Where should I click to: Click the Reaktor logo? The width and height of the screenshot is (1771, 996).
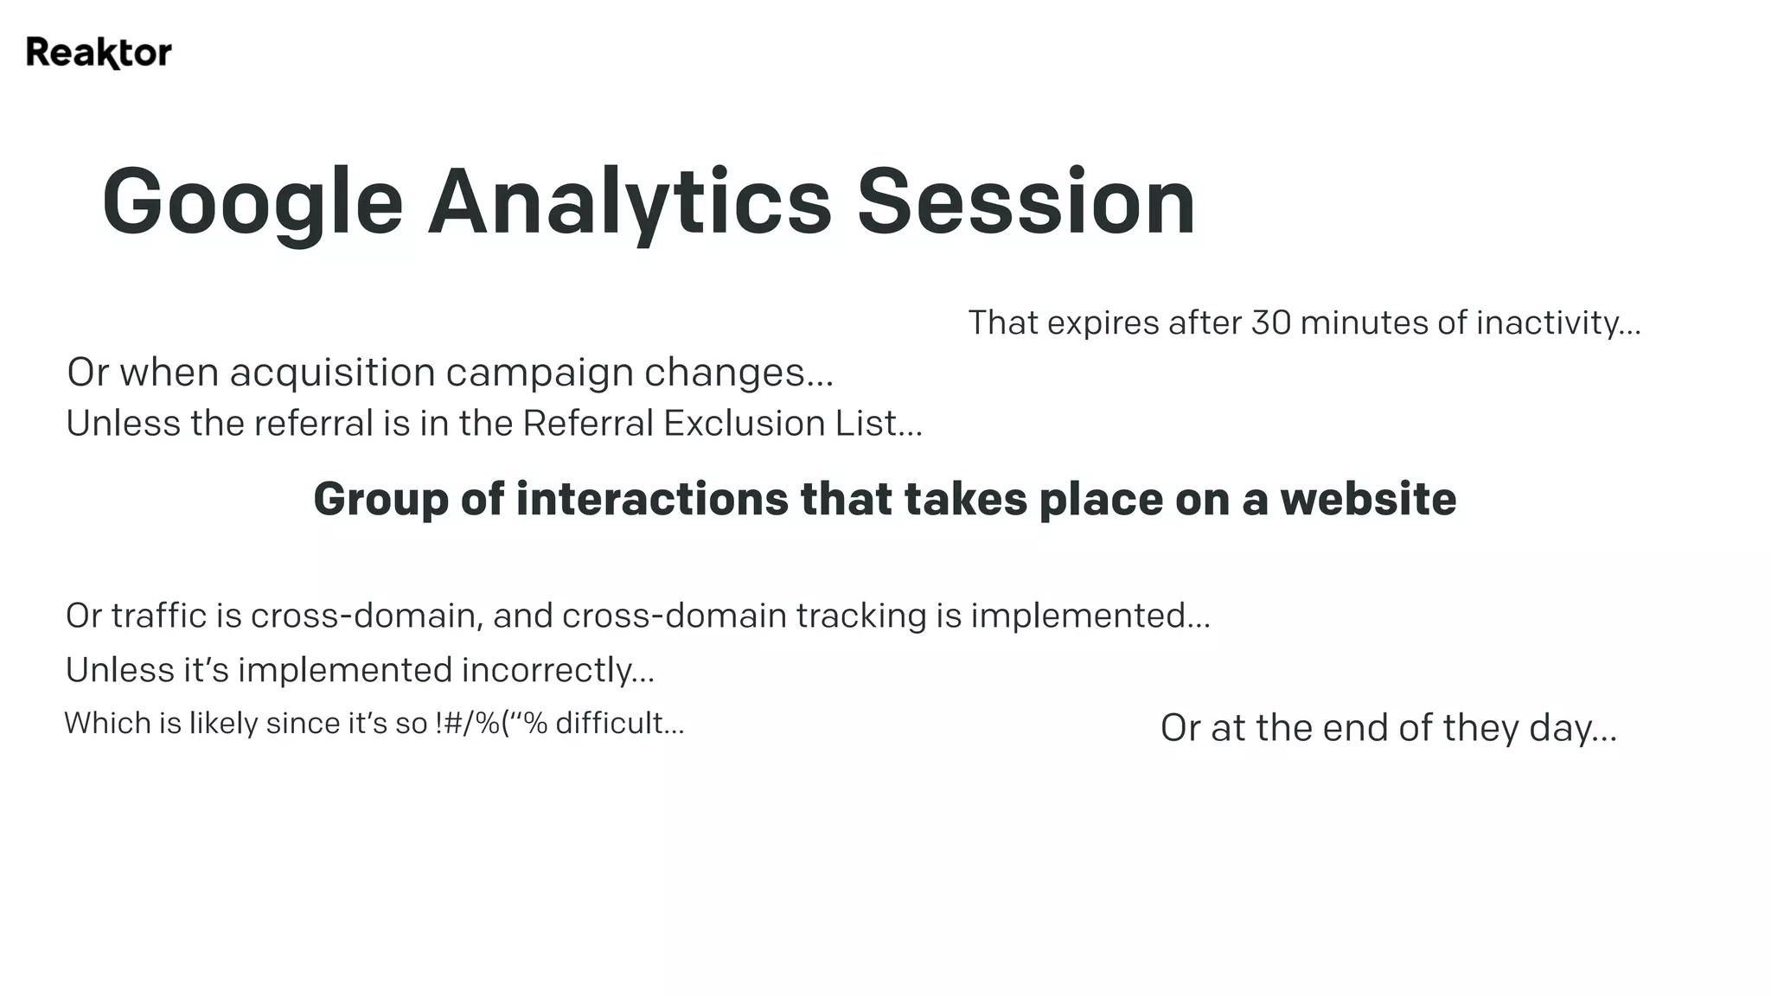coord(99,53)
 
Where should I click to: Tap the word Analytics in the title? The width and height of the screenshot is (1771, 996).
coord(630,202)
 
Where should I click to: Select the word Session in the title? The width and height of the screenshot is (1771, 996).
coord(1026,202)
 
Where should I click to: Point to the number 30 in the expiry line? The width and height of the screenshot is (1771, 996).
coord(1271,322)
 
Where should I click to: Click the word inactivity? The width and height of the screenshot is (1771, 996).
coord(1557,322)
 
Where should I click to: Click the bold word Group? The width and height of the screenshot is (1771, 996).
coord(380,500)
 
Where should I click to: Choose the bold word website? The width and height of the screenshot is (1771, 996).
coord(1368,500)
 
